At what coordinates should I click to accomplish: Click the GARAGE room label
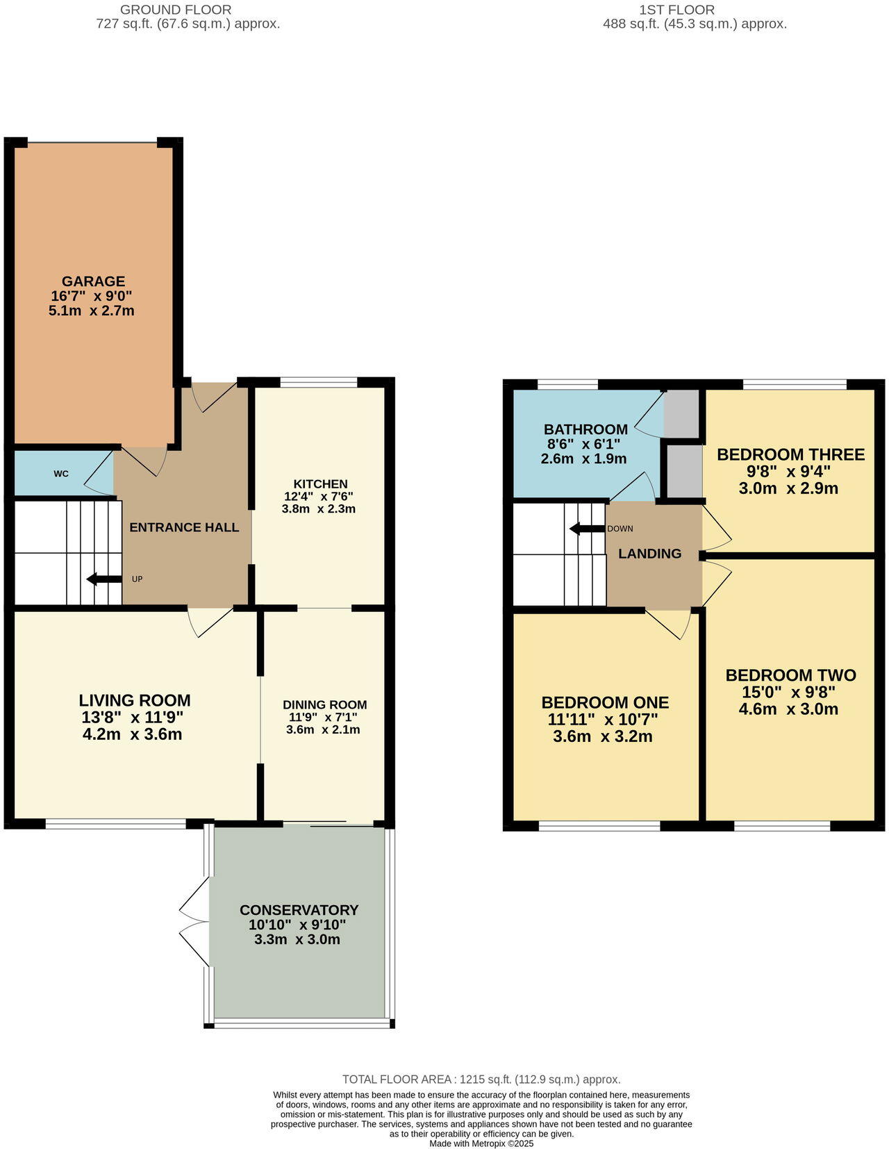(x=93, y=281)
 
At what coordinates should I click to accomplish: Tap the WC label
(x=61, y=474)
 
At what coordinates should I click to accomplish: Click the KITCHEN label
(x=320, y=484)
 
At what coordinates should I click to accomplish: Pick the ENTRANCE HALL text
(x=184, y=527)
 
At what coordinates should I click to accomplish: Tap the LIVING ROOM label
(x=135, y=700)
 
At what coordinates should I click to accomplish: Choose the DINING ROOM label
(x=324, y=704)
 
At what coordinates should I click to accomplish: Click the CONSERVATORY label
(x=299, y=910)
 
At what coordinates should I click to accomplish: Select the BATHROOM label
(x=585, y=429)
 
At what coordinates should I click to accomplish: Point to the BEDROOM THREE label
(x=790, y=454)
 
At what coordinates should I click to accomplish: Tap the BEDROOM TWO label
(x=790, y=675)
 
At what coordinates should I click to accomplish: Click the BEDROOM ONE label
(x=605, y=702)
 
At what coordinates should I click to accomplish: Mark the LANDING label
(x=649, y=554)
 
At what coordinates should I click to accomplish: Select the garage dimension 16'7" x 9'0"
(x=92, y=296)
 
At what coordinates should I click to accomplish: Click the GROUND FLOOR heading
(x=176, y=10)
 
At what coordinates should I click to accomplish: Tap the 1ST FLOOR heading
(x=676, y=10)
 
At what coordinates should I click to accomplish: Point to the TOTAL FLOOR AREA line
(x=481, y=1080)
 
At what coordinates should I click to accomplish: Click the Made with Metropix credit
(x=481, y=1143)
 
